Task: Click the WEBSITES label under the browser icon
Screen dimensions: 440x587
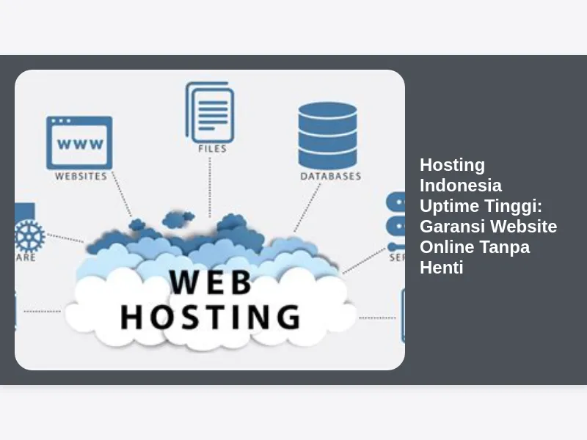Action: [81, 177]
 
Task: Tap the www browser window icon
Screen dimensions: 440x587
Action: [79, 143]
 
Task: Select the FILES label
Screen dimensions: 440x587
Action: [212, 149]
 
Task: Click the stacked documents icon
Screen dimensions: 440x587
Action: [211, 111]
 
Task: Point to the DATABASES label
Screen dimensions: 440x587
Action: [330, 177]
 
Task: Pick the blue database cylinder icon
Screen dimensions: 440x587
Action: [328, 135]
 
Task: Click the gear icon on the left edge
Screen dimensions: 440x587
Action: [29, 235]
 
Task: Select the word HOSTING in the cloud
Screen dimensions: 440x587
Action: [210, 317]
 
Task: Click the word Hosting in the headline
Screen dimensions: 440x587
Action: [452, 165]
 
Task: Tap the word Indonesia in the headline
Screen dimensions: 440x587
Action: [461, 186]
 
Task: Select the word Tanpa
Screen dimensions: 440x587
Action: [505, 247]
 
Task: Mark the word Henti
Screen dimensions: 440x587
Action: [441, 268]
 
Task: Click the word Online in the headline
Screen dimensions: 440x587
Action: [447, 247]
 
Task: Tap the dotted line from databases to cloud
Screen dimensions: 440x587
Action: [307, 208]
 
